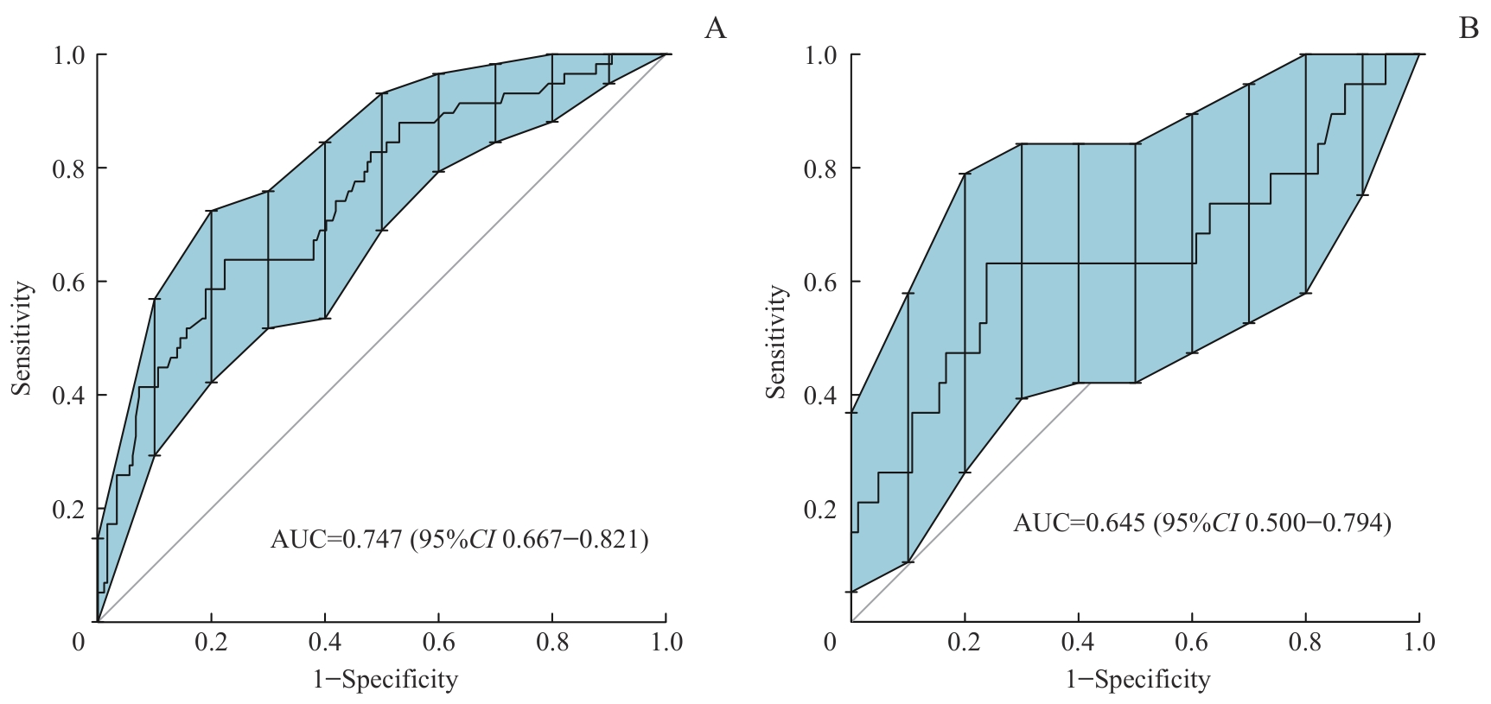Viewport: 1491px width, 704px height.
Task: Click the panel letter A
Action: point(715,29)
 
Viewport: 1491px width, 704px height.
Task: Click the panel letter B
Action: point(1469,29)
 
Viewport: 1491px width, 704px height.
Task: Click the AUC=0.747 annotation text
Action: point(336,540)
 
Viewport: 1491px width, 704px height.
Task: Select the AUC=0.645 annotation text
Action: point(1081,523)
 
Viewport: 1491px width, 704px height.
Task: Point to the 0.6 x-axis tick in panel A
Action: point(438,643)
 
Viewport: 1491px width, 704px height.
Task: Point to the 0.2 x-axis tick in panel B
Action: point(965,643)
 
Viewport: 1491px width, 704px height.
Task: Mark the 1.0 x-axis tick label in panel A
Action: point(666,643)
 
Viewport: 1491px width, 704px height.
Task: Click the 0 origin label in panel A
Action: point(79,643)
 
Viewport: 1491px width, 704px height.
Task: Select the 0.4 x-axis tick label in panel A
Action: point(324,643)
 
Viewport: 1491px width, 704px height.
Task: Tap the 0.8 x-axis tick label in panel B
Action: point(1306,643)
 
